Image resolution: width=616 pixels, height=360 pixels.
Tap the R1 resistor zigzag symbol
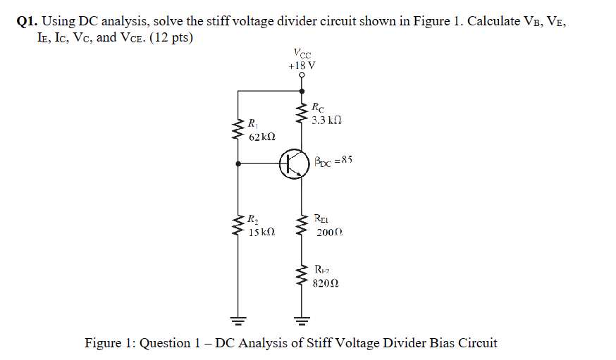coord(238,130)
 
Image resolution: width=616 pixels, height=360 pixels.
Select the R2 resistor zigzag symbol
coord(238,225)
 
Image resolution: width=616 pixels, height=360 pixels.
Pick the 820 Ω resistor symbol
coord(302,277)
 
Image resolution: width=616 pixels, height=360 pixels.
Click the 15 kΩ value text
coord(261,232)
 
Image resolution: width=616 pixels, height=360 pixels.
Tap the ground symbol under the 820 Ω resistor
coord(302,323)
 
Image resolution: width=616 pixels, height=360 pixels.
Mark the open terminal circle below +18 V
coord(302,76)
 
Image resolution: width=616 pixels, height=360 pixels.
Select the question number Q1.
coord(27,22)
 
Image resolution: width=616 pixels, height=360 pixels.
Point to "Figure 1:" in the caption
coord(111,343)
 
